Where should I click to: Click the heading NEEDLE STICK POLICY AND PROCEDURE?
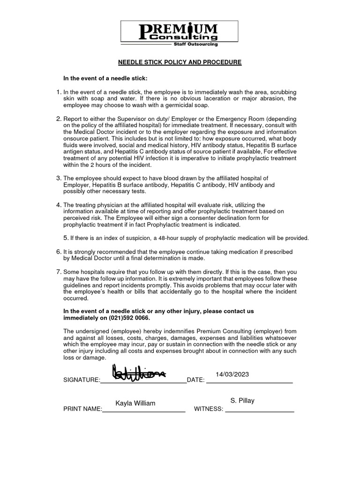click(x=180, y=62)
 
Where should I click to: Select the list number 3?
click(x=59, y=178)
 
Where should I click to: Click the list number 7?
click(x=59, y=271)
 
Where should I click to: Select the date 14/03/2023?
click(x=232, y=374)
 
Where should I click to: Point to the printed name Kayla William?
click(x=135, y=403)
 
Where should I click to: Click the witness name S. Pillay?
click(x=242, y=400)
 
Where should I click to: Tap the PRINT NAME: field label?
click(x=82, y=409)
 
